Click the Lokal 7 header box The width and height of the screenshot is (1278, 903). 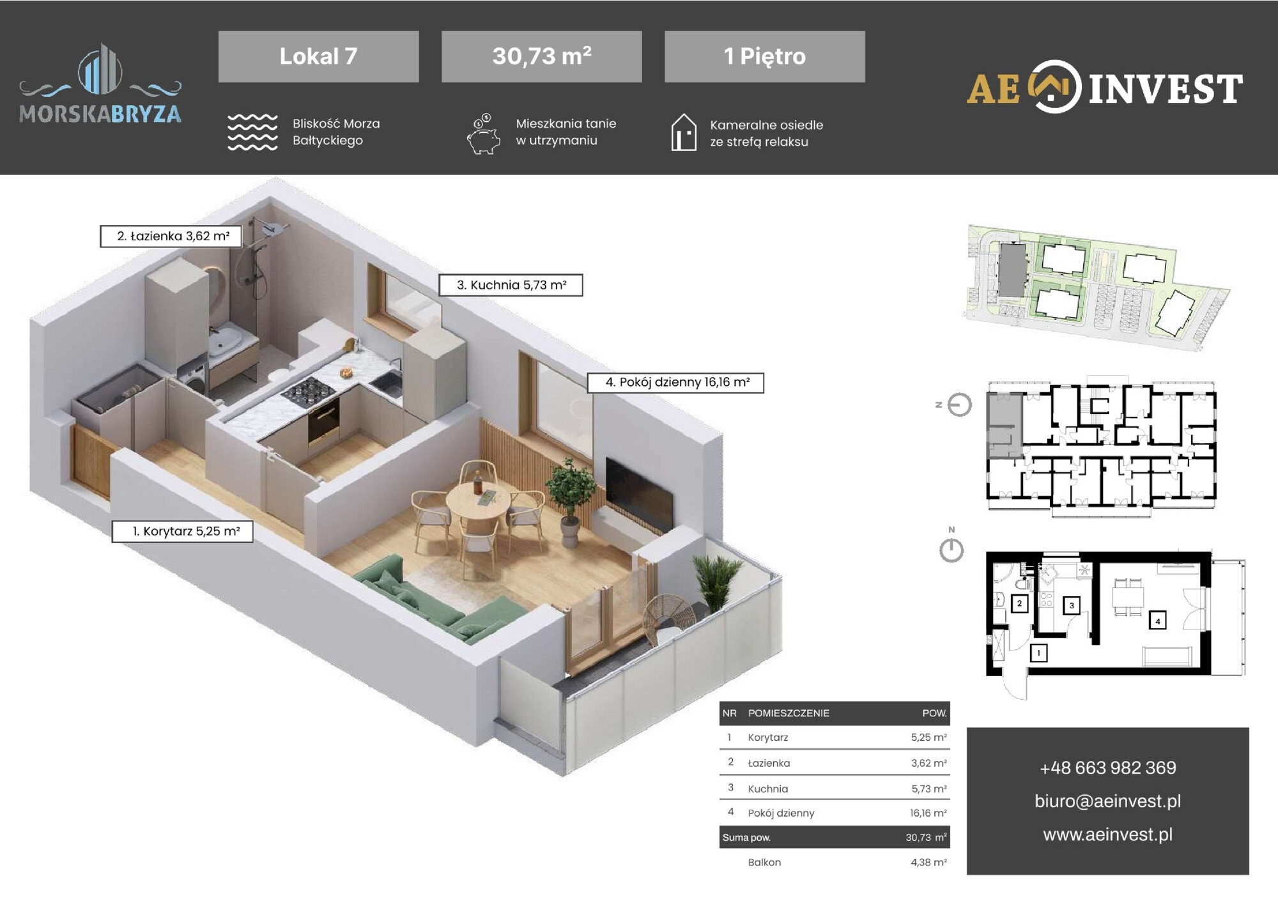click(318, 56)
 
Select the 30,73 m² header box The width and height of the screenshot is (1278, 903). click(541, 56)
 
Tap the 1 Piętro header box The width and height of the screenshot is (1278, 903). click(765, 56)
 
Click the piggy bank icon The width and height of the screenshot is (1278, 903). click(484, 134)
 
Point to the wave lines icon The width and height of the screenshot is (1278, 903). click(252, 132)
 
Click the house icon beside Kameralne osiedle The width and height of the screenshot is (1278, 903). click(684, 132)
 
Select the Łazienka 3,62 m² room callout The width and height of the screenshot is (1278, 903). click(171, 236)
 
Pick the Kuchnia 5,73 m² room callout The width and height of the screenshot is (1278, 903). click(511, 285)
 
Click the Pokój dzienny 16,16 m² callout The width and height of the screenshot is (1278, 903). click(675, 382)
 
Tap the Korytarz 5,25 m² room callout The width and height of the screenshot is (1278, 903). click(183, 531)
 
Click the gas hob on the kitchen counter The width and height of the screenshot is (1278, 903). click(308, 390)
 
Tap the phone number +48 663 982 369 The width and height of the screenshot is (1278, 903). click(1107, 768)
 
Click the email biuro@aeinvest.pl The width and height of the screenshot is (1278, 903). click(1107, 801)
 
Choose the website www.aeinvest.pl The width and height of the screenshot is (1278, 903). click(1107, 834)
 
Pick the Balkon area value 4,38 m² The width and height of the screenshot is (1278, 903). click(928, 862)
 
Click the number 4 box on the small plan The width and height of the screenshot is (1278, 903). click(1157, 621)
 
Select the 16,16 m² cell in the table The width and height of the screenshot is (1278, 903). click(928, 813)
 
